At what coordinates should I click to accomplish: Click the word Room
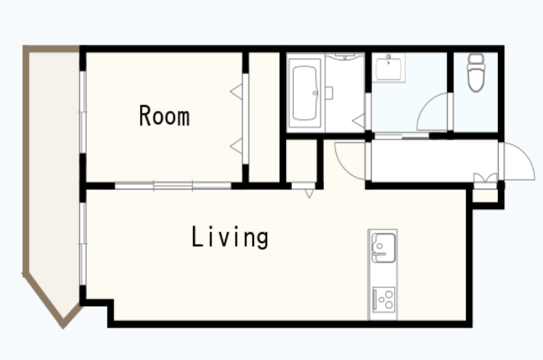pyautogui.click(x=164, y=115)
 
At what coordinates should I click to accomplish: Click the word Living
pyautogui.click(x=230, y=237)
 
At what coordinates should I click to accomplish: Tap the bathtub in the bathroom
pyautogui.click(x=304, y=93)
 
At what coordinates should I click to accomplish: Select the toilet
pyautogui.click(x=475, y=73)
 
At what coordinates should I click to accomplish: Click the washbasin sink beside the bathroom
pyautogui.click(x=388, y=67)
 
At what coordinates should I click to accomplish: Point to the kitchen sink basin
pyautogui.click(x=383, y=247)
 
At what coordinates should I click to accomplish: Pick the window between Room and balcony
pyautogui.click(x=83, y=112)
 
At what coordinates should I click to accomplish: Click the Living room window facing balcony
pyautogui.click(x=83, y=244)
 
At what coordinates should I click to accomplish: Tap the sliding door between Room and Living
pyautogui.click(x=173, y=186)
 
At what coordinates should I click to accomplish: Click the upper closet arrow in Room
pyautogui.click(x=236, y=91)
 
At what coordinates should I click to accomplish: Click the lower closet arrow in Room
pyautogui.click(x=236, y=146)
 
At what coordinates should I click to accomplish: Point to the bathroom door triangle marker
pyautogui.click(x=359, y=120)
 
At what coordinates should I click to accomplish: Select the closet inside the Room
pyautogui.click(x=264, y=117)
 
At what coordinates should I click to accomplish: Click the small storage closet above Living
pyautogui.click(x=301, y=160)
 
